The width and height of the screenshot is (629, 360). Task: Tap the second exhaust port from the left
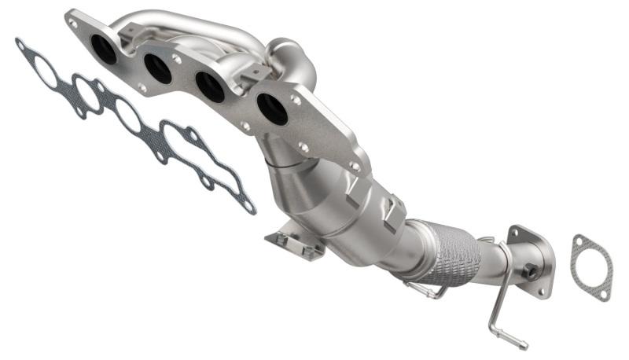tap(158, 69)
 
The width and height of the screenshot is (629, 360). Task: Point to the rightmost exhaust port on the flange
tap(272, 109)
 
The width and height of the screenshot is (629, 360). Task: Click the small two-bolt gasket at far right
tap(591, 267)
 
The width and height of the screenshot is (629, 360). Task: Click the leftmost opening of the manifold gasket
tap(46, 72)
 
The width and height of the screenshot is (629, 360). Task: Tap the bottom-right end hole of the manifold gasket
tap(249, 208)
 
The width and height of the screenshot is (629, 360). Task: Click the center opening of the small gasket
tap(592, 268)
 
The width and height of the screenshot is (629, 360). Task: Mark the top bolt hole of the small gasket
tap(580, 241)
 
